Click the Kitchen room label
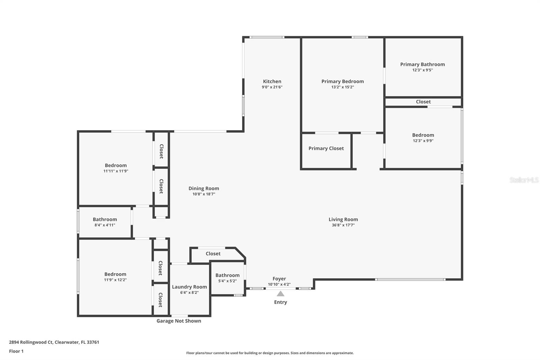(272, 81)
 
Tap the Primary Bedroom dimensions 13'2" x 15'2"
(342, 87)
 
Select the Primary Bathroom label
(422, 64)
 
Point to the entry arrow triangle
(280, 293)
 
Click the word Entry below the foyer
(280, 302)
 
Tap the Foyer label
(279, 279)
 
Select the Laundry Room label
(189, 287)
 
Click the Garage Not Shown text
(179, 321)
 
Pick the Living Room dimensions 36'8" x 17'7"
(343, 225)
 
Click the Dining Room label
(204, 188)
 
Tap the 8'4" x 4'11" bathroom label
(105, 225)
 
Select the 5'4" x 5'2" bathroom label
(227, 281)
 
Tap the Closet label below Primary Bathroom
(423, 102)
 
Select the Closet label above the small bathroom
(213, 254)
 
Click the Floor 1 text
(16, 351)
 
